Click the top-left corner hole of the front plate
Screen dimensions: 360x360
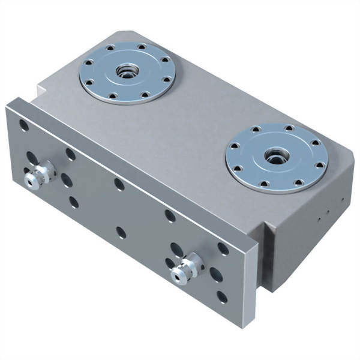pos(23,125)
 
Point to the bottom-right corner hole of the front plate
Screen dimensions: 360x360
pos(222,295)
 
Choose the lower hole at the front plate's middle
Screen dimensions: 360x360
pos(121,230)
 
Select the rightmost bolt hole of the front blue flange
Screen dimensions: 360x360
pos(320,164)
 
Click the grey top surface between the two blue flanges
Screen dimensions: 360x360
pos(192,120)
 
